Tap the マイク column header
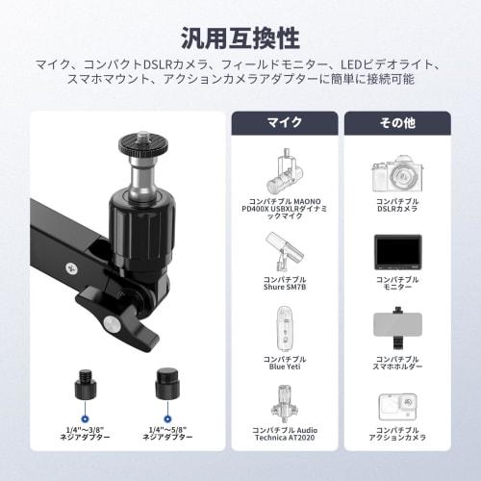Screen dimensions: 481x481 point(284,123)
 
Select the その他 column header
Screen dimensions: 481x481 point(397,123)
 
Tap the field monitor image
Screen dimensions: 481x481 point(397,253)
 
